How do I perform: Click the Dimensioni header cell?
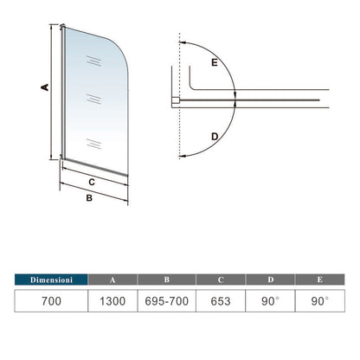coord(50,280)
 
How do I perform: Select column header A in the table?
coord(112,280)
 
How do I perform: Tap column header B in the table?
coord(166,280)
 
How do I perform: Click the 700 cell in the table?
coord(50,303)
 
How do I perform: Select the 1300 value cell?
coord(112,303)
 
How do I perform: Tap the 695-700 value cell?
coord(166,303)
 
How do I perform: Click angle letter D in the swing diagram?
coord(213,136)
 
